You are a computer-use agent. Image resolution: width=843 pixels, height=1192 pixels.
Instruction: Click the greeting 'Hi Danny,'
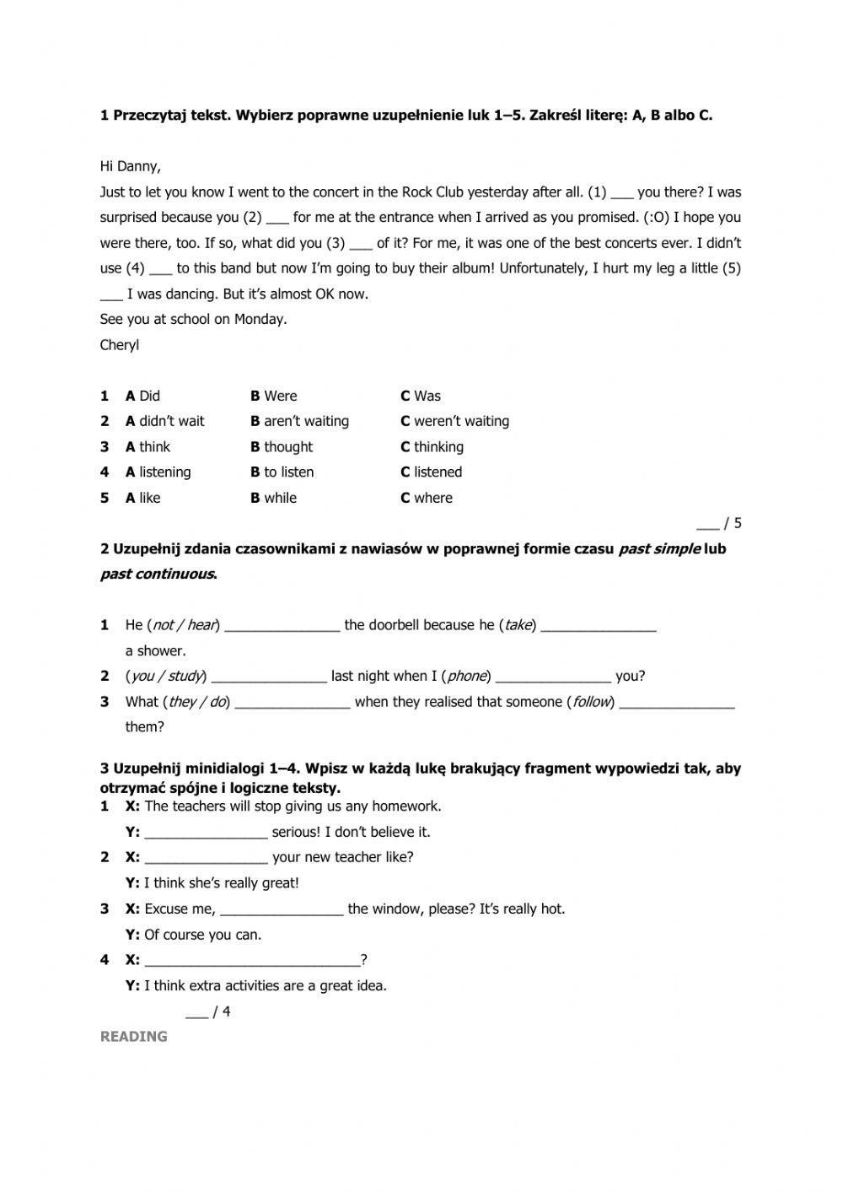(130, 166)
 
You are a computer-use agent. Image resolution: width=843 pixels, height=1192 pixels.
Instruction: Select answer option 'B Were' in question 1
(273, 396)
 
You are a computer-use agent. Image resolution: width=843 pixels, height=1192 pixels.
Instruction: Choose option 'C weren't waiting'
(454, 421)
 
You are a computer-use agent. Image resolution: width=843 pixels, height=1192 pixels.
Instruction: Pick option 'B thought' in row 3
(281, 447)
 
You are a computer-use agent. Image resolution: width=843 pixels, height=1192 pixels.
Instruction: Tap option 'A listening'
(158, 472)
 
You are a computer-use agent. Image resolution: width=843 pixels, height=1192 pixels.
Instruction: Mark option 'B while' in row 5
(273, 498)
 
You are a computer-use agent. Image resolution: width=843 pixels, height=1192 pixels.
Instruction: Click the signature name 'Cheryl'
(120, 345)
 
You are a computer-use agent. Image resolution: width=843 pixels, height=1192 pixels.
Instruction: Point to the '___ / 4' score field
(207, 1012)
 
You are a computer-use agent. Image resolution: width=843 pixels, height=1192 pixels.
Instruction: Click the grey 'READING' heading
(133, 1037)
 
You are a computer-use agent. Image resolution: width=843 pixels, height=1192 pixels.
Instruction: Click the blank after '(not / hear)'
(282, 627)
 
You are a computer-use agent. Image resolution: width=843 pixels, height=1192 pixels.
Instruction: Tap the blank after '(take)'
(599, 627)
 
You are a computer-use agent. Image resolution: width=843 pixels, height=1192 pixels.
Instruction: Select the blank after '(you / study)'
(269, 677)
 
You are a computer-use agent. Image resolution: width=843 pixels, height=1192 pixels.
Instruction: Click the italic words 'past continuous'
(157, 574)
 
